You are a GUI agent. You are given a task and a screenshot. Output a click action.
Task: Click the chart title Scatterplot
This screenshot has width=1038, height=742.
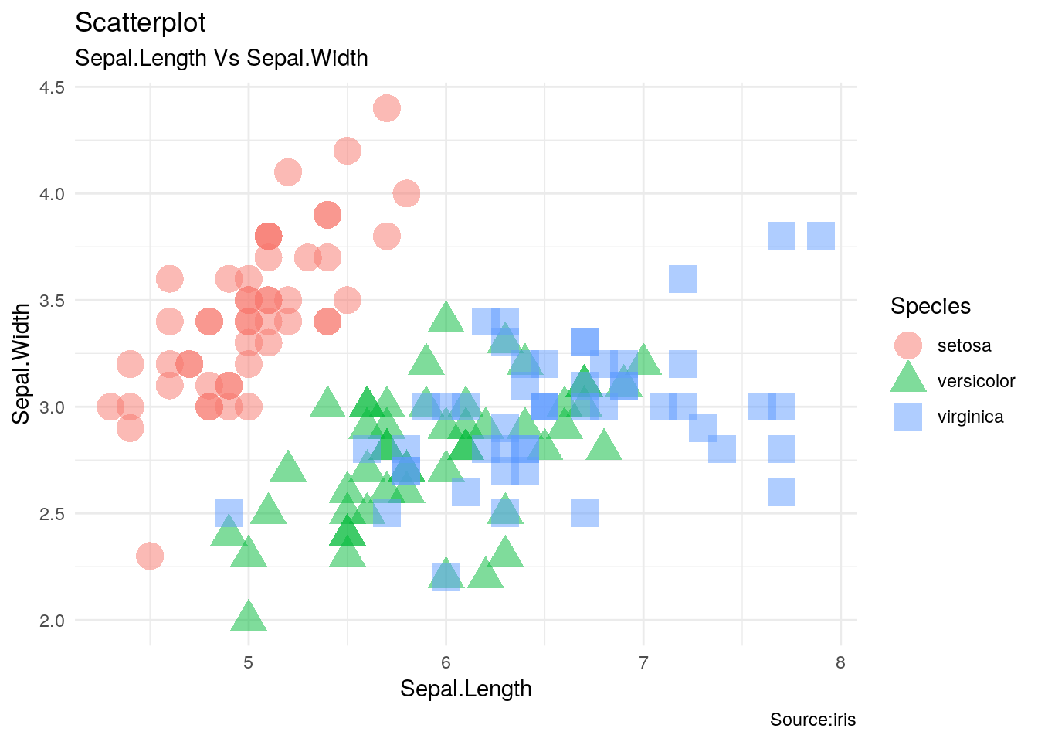[x=140, y=23]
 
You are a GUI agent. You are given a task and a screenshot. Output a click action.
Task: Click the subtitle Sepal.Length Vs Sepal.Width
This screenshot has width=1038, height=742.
[x=221, y=58]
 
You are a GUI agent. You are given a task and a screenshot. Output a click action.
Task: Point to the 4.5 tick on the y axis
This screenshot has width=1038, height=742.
[x=53, y=87]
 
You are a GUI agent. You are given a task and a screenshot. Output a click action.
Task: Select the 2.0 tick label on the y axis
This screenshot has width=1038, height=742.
[x=53, y=620]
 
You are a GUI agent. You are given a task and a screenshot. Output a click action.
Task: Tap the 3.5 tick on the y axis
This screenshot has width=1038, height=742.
[x=53, y=300]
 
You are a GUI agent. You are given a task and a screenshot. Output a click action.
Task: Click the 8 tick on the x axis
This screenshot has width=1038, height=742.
[x=840, y=662]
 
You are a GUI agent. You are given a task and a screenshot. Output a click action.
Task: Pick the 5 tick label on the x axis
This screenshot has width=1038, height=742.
[x=249, y=662]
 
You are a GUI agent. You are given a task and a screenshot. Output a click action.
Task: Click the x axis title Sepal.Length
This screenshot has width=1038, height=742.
[x=466, y=689]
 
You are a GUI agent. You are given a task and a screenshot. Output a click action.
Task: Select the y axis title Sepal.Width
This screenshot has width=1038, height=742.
[x=22, y=363]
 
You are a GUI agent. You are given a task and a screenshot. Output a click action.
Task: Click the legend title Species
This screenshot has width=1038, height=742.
[x=930, y=306]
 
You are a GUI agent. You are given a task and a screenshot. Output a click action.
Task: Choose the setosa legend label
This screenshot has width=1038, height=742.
[x=964, y=345]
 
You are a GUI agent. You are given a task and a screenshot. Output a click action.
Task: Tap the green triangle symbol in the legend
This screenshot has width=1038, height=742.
[x=908, y=379]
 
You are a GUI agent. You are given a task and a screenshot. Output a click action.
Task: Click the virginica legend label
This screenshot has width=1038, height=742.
[x=970, y=417]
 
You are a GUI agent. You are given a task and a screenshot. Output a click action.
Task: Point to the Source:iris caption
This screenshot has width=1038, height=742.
[x=812, y=720]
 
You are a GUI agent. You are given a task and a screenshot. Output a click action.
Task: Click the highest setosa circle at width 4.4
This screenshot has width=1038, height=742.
[x=387, y=108]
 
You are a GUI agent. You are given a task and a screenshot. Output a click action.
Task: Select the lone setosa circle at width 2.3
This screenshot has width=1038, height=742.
[x=150, y=556]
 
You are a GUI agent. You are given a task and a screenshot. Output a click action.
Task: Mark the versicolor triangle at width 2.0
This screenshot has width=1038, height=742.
[x=249, y=617]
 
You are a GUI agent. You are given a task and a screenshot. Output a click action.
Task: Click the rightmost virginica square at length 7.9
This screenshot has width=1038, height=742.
[x=821, y=236]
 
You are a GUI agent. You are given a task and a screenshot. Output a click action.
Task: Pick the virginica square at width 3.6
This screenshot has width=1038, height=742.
[x=683, y=279]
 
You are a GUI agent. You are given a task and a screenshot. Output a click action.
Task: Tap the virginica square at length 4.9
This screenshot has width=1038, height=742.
[x=229, y=513]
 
